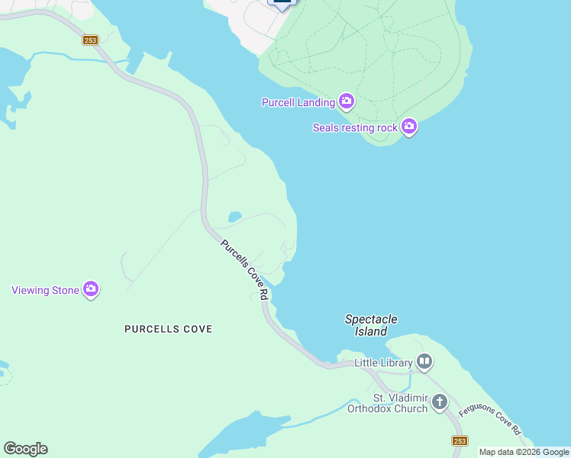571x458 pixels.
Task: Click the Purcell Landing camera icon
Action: (347, 102)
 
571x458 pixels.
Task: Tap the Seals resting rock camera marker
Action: (409, 127)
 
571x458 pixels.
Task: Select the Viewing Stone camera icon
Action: (91, 289)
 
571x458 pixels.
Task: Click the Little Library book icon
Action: (424, 362)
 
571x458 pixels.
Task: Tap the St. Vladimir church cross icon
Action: (439, 401)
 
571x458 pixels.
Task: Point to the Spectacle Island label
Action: (371, 325)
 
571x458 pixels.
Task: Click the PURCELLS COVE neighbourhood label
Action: (168, 329)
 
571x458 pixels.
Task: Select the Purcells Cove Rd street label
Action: (246, 270)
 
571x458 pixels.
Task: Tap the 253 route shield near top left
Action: (90, 40)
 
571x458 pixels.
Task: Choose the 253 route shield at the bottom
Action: (460, 440)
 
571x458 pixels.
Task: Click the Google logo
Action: (25, 449)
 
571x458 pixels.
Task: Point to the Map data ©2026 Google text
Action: (524, 452)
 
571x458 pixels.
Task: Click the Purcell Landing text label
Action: (298, 102)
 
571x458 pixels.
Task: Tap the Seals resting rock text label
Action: (355, 127)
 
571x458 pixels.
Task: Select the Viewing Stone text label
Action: (44, 290)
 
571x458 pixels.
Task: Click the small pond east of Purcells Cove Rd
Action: (234, 217)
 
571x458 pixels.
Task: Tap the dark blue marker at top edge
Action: (282, 4)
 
